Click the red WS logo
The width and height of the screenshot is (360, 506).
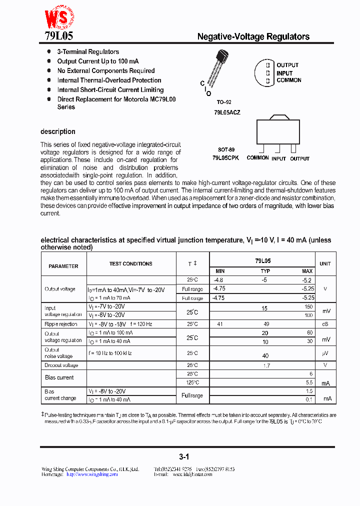pos(59,17)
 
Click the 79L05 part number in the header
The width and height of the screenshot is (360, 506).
pos(55,36)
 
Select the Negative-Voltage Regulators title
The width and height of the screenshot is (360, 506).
pos(253,36)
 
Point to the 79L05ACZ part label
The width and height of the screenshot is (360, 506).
pos(227,112)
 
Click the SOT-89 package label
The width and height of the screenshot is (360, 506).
pos(226,149)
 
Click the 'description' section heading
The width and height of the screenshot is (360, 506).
pos(58,131)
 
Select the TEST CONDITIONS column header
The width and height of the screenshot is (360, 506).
pos(131,263)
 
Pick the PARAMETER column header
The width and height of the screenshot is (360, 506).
pos(63,266)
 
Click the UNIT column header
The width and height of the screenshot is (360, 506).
pos(325,263)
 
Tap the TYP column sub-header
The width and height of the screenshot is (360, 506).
pos(265,271)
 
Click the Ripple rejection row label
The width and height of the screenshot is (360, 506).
pos(61,324)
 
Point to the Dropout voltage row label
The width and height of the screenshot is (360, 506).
pos(61,365)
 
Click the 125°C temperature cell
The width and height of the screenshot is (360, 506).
pos(192,382)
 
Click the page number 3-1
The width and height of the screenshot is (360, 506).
pos(184,456)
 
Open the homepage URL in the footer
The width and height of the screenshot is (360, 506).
pos(92,474)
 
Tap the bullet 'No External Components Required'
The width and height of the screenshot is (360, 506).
pos(106,71)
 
